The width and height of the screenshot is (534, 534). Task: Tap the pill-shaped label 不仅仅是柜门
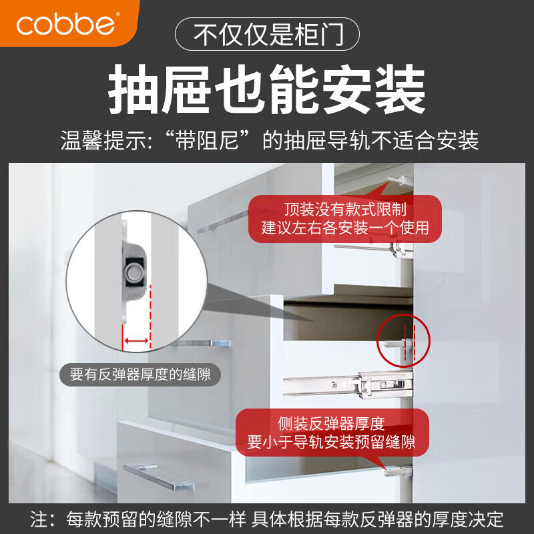pyautogui.click(x=267, y=33)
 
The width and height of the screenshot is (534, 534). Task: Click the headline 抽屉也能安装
pyautogui.click(x=267, y=90)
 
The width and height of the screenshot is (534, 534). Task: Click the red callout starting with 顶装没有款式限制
pyautogui.click(x=344, y=218)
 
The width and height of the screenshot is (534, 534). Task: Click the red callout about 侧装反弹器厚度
pyautogui.click(x=331, y=433)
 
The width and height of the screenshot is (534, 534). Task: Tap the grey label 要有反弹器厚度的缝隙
pyautogui.click(x=140, y=374)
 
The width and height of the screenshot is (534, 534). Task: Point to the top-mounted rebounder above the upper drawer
pyautogui.click(x=399, y=179)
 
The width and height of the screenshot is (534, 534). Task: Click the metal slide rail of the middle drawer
pyautogui.click(x=347, y=384)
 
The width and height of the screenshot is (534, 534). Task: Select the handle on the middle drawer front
pyautogui.click(x=204, y=344)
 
